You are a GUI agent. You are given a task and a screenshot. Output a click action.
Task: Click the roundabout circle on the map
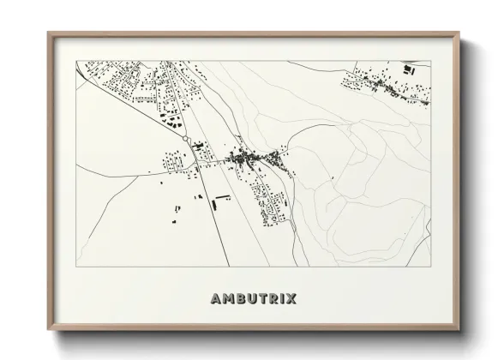(x=184, y=139)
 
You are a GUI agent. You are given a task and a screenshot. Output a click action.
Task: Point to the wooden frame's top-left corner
(x=47, y=33)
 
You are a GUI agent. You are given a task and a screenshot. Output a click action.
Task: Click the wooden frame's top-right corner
(x=456, y=33)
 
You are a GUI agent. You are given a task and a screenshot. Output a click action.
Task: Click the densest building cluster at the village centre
(x=249, y=158)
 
